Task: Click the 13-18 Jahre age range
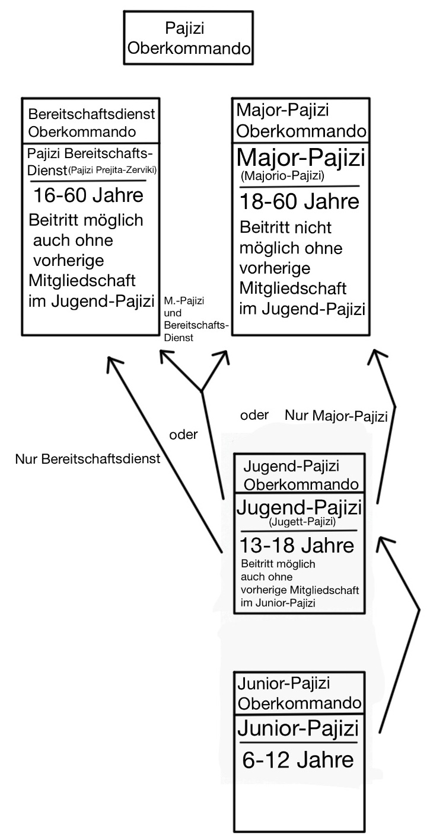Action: pos(297,545)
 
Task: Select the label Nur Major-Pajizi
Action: pos(336,416)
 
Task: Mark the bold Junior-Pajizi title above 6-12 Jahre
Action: pos(298,727)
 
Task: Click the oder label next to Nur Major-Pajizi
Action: pos(255,415)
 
